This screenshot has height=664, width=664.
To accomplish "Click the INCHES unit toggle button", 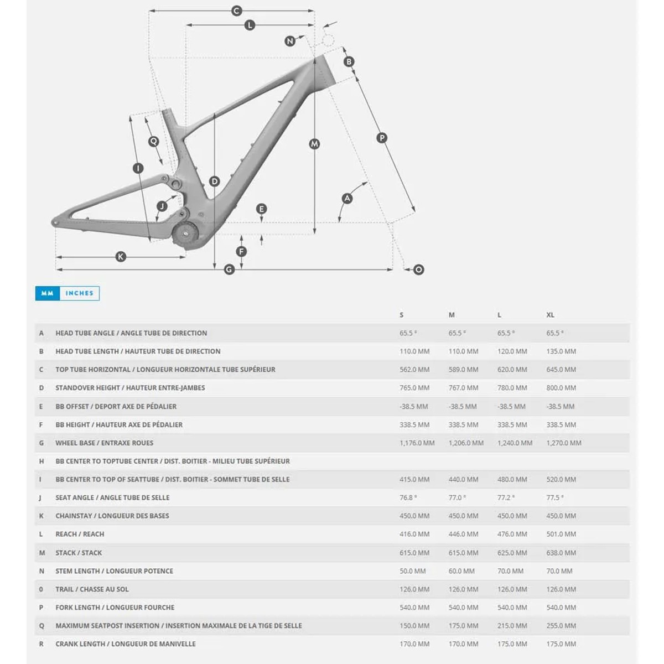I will point(80,293).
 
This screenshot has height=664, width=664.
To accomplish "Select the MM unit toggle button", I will point(47,293).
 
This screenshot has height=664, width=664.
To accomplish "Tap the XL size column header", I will point(550,315).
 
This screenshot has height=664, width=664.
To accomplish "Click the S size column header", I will point(402,315).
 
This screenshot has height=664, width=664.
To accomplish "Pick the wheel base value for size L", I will point(515,443).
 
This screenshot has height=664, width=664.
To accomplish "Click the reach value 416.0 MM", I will point(414,534).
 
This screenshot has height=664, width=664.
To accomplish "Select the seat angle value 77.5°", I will point(555,497).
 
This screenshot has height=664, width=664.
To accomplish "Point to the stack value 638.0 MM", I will point(561,553).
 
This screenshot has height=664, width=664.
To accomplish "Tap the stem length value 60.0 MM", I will point(461,571).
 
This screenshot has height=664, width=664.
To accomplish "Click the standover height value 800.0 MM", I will point(561,388).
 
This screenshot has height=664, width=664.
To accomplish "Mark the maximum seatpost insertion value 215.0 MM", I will point(512,626).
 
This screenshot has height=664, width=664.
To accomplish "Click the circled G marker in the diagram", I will point(229,269).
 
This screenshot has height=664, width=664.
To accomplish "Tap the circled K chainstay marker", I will point(121,256).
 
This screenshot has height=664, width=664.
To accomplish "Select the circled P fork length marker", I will point(382,138).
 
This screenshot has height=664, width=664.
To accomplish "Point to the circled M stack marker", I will point(314,144).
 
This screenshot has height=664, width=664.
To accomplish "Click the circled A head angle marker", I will point(347,198).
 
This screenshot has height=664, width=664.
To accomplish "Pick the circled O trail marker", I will point(419,269).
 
